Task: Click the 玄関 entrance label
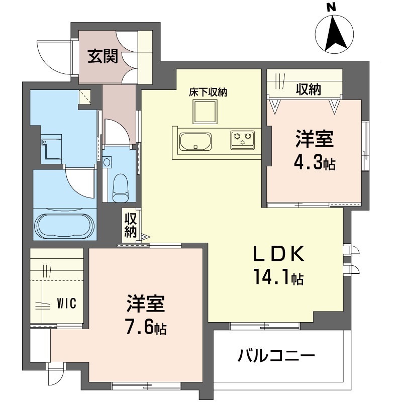[103, 56]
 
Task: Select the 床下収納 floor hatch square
[205, 112]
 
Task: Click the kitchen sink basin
[195, 141]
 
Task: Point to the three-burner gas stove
[242, 140]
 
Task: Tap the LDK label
[279, 254]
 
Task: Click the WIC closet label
[67, 304]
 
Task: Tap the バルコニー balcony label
[276, 356]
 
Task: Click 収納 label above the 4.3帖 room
[309, 89]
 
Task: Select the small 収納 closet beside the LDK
[131, 225]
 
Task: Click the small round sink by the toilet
[107, 162]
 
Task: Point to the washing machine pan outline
[52, 148]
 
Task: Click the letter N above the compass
[332, 8]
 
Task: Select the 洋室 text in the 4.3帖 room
[315, 139]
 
